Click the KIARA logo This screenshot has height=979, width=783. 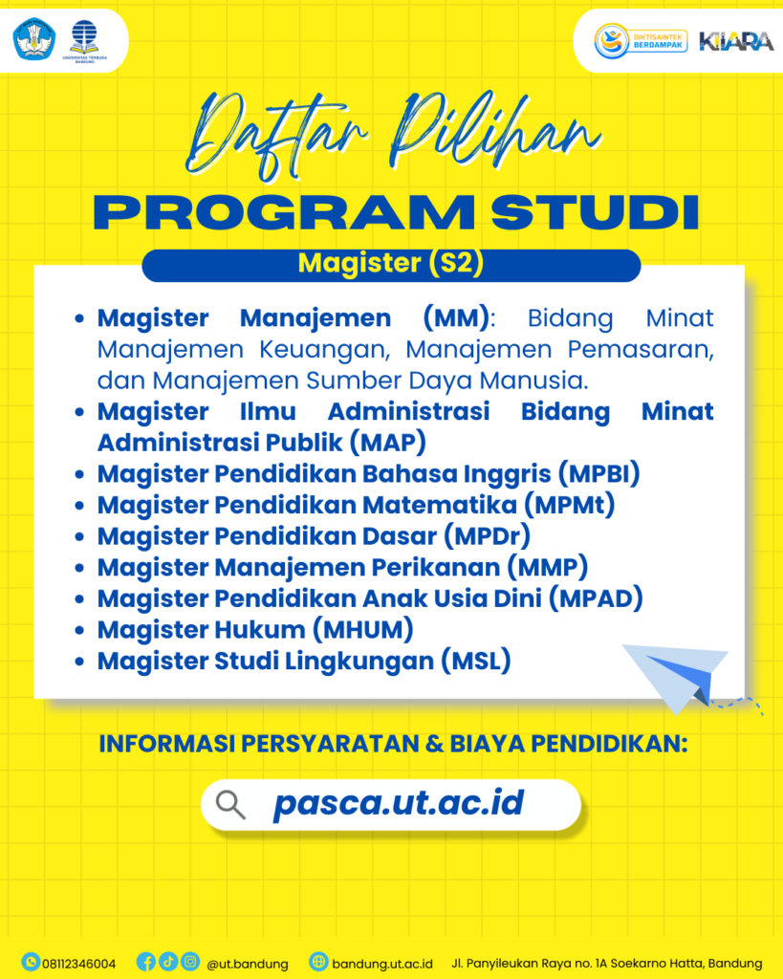[x=735, y=41]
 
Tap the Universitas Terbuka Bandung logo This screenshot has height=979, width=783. [x=85, y=40]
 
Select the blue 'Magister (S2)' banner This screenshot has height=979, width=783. [x=391, y=265]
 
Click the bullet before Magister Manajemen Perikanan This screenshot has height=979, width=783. [x=81, y=568]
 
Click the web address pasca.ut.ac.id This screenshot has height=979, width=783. [x=399, y=803]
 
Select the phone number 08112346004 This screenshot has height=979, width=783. [x=78, y=963]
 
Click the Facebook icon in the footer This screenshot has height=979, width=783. [x=146, y=962]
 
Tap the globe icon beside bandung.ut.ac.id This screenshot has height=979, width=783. [x=318, y=962]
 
